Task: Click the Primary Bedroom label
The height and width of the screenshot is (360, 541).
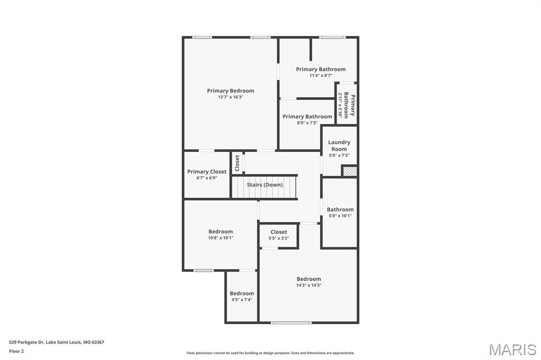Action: [230, 91]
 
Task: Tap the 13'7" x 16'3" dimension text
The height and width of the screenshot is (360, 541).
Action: [230, 97]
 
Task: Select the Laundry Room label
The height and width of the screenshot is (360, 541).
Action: [339, 146]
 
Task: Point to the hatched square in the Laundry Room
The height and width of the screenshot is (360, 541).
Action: [350, 172]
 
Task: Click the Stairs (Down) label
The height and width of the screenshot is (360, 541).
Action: [265, 185]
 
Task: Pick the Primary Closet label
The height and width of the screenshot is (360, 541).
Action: [207, 172]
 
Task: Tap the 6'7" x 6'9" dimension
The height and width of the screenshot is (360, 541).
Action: [207, 178]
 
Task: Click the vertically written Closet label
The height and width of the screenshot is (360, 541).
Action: [237, 163]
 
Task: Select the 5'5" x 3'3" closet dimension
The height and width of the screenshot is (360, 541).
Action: [279, 238]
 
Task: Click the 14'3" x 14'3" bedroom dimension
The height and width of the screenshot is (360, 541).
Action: [309, 285]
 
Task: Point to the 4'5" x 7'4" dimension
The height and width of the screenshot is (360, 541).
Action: [241, 300]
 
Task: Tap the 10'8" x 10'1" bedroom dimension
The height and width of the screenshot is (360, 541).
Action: [220, 238]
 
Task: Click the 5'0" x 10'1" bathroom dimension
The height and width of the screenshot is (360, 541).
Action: [340, 216]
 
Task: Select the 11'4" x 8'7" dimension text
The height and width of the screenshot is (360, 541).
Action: [321, 75]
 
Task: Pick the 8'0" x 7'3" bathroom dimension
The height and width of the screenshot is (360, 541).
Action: [307, 123]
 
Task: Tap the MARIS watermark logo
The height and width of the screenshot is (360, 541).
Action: [512, 349]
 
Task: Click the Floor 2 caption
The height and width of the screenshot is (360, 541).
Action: [16, 352]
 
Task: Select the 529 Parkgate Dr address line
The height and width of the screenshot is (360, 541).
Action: [57, 343]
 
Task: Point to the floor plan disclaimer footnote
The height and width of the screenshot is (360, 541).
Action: [270, 353]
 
